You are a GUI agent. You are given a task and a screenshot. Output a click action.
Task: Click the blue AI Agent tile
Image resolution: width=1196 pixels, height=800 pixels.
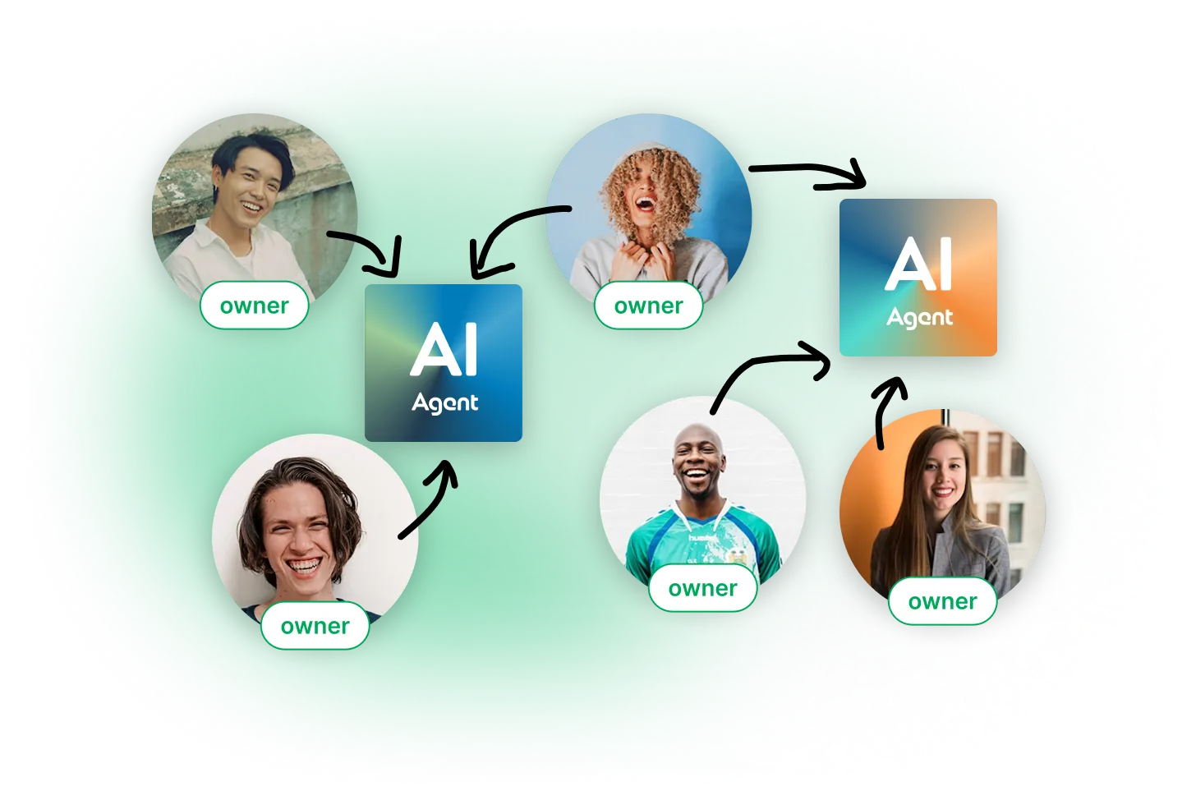click(444, 362)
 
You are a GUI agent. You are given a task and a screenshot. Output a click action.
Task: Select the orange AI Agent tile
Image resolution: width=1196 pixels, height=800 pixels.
click(918, 277)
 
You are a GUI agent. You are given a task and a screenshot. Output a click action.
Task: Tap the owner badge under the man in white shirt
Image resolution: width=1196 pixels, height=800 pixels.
click(254, 305)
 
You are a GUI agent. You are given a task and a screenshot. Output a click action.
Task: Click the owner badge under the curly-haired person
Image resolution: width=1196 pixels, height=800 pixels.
click(648, 305)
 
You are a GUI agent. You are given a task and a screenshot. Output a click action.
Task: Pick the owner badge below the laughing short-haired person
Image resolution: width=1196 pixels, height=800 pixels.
click(315, 625)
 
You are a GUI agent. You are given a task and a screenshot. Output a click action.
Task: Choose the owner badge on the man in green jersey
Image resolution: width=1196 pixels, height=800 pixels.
click(702, 588)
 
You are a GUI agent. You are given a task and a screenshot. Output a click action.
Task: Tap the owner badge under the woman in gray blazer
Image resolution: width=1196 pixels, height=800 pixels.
click(942, 601)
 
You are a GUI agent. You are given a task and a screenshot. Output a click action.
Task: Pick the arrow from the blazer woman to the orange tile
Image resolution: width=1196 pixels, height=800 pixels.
click(886, 411)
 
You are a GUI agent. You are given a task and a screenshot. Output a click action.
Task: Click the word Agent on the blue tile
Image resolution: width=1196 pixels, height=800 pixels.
click(444, 403)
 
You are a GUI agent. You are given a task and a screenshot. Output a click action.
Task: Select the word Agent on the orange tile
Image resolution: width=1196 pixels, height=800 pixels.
click(919, 318)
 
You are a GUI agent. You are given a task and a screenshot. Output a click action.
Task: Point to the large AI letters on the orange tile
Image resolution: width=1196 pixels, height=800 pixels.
click(918, 264)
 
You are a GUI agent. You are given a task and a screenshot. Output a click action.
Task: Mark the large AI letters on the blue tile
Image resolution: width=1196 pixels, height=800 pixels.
click(444, 350)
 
